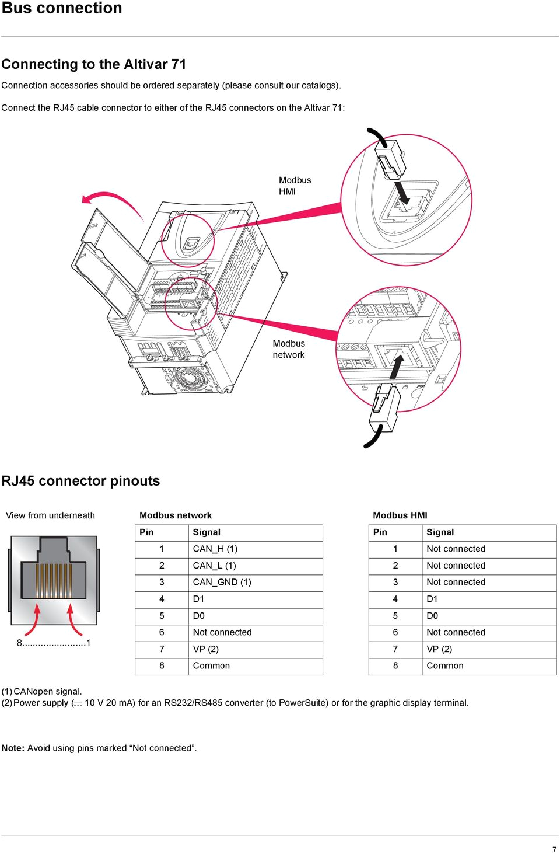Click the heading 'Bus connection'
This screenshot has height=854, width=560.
tap(62, 8)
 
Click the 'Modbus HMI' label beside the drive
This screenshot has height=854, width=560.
tap(295, 186)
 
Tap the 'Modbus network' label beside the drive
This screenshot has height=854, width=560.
tap(289, 349)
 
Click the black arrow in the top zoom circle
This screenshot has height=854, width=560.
tap(402, 192)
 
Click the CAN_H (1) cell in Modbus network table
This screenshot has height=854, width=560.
tap(215, 549)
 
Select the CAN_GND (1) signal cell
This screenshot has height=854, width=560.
tap(222, 582)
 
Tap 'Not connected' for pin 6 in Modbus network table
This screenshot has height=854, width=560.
tap(222, 632)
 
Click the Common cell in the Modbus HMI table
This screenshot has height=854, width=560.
tap(445, 665)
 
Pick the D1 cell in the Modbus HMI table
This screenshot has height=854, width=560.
tap(432, 599)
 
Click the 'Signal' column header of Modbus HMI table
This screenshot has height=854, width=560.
tap(440, 532)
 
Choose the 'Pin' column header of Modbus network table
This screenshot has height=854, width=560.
tap(146, 532)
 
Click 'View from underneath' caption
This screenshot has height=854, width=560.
tap(50, 515)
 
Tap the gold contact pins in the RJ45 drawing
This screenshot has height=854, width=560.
tap(54, 581)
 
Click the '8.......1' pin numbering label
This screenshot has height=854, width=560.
tap(53, 643)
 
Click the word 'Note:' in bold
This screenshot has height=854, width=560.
tap(13, 748)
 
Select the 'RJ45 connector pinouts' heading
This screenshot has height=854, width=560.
tap(80, 481)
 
